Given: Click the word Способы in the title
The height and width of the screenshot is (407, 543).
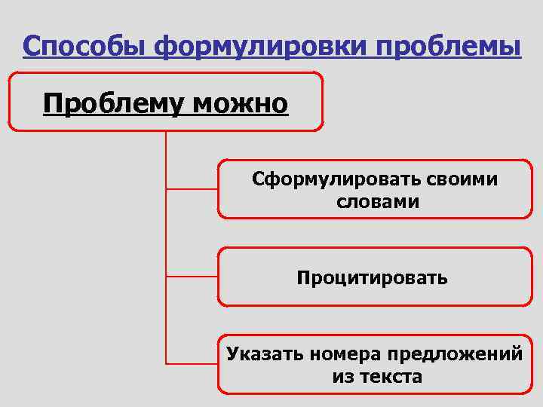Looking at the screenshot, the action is pyautogui.click(x=84, y=47).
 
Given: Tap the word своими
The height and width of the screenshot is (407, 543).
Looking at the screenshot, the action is pyautogui.click(x=463, y=179).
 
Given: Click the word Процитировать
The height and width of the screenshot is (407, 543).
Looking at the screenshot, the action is pyautogui.click(x=373, y=278).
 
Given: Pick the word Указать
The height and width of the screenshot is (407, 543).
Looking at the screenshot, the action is pyautogui.click(x=263, y=353).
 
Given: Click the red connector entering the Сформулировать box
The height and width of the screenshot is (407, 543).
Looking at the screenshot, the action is pyautogui.click(x=192, y=188).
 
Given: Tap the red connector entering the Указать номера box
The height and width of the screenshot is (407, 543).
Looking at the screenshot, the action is pyautogui.click(x=192, y=363).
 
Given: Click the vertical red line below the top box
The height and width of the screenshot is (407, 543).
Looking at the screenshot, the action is pyautogui.click(x=165, y=226).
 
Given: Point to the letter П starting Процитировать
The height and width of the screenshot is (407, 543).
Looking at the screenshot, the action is pyautogui.click(x=303, y=278).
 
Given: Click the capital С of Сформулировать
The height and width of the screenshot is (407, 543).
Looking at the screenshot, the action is pyautogui.click(x=258, y=179).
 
